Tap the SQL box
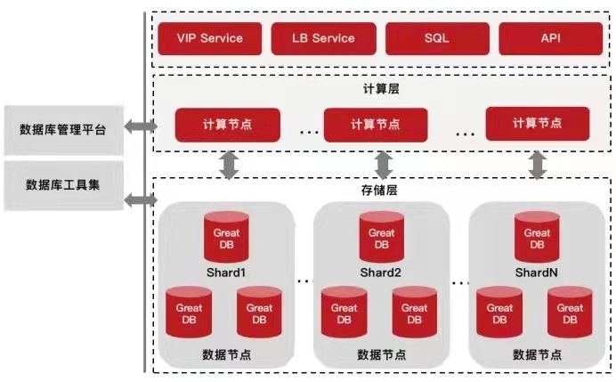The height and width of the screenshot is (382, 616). [x=436, y=38]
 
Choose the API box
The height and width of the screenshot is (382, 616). [x=549, y=38]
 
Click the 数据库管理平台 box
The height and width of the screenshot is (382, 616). [x=62, y=128]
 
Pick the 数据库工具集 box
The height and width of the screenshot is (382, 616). [x=62, y=184]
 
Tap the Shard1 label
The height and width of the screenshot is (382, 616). [x=225, y=272]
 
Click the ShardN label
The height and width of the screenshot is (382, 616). [x=536, y=272]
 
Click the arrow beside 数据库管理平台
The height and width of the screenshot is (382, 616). [x=139, y=127]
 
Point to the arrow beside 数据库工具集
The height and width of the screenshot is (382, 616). [x=139, y=200]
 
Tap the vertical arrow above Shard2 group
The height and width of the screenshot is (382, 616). [x=384, y=164]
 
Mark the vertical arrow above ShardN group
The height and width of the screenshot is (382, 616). [x=537, y=164]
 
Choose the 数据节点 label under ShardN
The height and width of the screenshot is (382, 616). [x=535, y=354]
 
